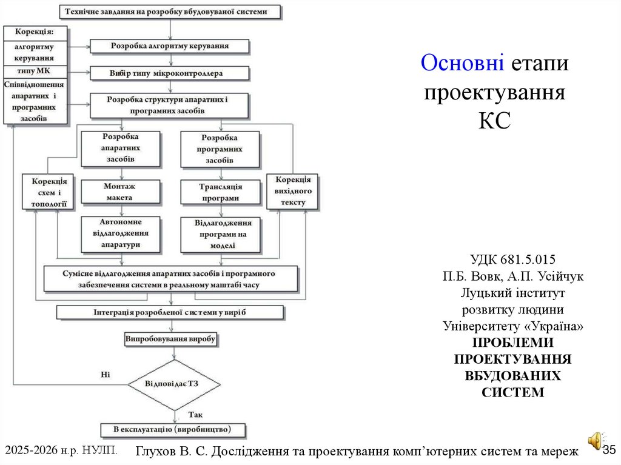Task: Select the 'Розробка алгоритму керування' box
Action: tap(169, 45)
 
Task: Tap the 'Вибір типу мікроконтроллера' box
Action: tap(169, 73)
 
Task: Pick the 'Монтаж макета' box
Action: tap(121, 192)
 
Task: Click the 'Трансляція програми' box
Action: tap(220, 192)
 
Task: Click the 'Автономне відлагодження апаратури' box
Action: tap(121, 233)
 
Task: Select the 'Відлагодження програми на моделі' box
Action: tap(220, 235)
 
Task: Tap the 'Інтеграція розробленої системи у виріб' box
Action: tap(170, 312)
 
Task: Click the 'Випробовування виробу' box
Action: tap(170, 340)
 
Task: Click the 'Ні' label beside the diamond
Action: tap(105, 374)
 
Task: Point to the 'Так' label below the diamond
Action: tap(195, 415)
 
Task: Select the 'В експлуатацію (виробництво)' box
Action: tap(173, 430)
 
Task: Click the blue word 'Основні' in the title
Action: tap(462, 63)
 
